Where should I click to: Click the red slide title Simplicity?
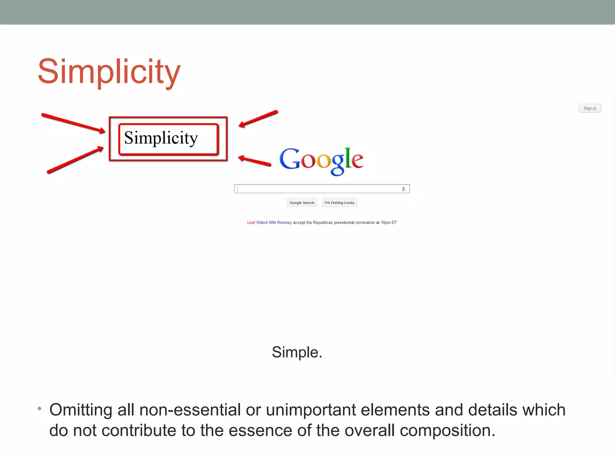(109, 72)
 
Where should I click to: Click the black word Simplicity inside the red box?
(161, 138)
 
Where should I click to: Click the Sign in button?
(589, 108)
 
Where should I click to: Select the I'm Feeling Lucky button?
(339, 203)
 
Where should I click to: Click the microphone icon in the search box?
(403, 189)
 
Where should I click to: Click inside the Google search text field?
(315, 189)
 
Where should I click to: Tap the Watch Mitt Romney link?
(274, 223)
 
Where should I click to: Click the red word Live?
(251, 223)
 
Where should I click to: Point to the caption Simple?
(297, 352)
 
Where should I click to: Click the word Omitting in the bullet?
(80, 410)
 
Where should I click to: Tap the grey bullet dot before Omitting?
(39, 409)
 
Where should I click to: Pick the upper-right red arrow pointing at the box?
(258, 119)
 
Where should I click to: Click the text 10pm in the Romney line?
(386, 223)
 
